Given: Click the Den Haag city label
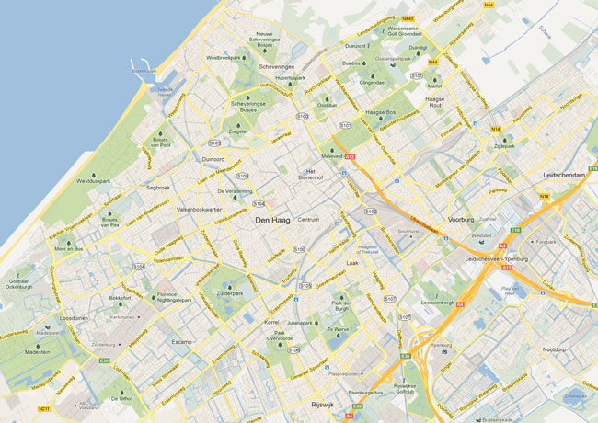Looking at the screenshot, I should pyautogui.click(x=274, y=221).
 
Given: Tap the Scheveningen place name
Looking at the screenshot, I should pyautogui.click(x=276, y=67).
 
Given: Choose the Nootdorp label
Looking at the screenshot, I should pyautogui.click(x=553, y=349).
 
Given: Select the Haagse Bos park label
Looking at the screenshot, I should pyautogui.click(x=380, y=112).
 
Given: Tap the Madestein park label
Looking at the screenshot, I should pyautogui.click(x=38, y=351).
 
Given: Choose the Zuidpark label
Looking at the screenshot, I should pyautogui.click(x=528, y=146).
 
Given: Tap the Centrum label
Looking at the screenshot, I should pyautogui.click(x=308, y=220).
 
